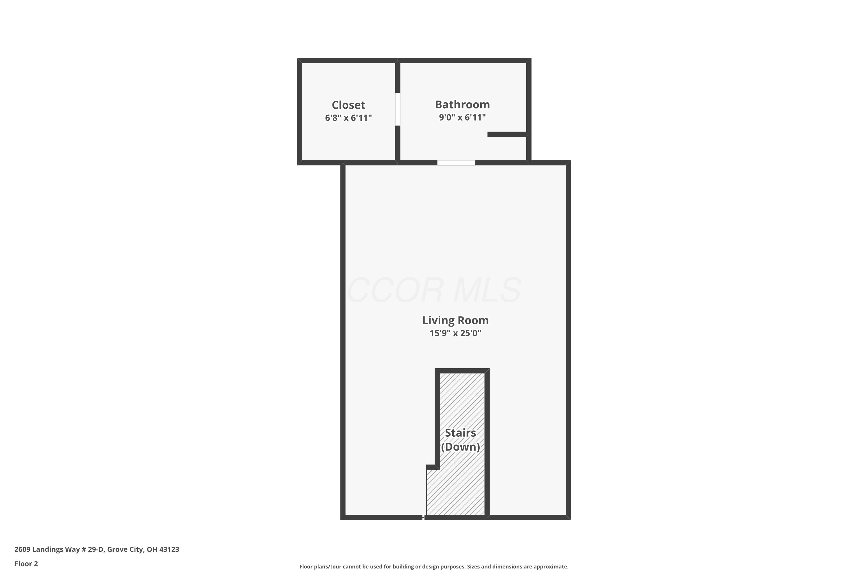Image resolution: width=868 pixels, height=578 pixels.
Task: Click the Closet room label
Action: click(348, 105)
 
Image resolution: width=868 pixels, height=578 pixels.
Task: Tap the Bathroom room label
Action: click(462, 105)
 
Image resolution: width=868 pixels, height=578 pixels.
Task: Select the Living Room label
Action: click(455, 320)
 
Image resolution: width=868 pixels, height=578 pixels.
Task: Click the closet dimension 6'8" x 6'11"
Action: click(348, 118)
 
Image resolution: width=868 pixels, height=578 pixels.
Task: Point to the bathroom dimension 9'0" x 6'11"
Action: click(462, 118)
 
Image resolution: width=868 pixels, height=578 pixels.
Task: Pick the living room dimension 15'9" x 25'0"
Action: click(455, 333)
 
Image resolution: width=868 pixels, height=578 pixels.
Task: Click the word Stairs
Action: click(460, 433)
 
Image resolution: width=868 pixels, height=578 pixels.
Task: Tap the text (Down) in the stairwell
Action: click(460, 447)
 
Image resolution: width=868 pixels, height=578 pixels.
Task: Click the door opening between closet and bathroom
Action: click(398, 109)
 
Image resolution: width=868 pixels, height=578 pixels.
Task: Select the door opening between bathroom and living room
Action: click(456, 162)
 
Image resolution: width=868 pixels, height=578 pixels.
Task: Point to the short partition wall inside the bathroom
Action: click(507, 134)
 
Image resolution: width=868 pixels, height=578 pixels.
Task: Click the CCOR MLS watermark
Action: click(434, 290)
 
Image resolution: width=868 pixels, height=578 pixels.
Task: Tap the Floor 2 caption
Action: click(26, 564)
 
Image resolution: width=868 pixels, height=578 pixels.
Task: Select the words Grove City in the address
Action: click(125, 550)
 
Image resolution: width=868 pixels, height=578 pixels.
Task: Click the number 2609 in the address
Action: click(22, 549)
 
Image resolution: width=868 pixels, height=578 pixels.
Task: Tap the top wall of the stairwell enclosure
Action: click(462, 370)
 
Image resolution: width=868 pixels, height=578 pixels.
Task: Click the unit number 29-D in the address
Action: click(96, 549)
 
